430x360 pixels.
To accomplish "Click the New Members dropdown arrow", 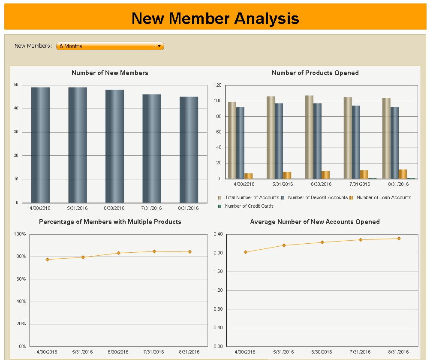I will [159, 46].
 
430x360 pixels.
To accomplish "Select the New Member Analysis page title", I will [215, 18].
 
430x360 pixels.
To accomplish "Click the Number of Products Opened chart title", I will [315, 73].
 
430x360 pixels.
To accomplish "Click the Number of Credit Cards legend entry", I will [249, 206].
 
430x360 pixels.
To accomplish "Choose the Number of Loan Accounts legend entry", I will [383, 197].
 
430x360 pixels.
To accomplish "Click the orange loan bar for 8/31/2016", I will [403, 174].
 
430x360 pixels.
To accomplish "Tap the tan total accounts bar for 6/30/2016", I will [309, 137].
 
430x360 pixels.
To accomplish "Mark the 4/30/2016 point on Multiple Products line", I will [47, 260].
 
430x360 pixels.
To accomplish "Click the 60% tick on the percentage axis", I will [20, 279].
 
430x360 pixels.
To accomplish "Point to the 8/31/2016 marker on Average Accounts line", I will [399, 239].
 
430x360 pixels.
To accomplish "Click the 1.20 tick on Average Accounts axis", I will [218, 290].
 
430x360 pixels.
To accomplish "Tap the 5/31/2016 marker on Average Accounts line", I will [284, 245].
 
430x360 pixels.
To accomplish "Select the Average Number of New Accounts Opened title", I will [315, 222].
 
